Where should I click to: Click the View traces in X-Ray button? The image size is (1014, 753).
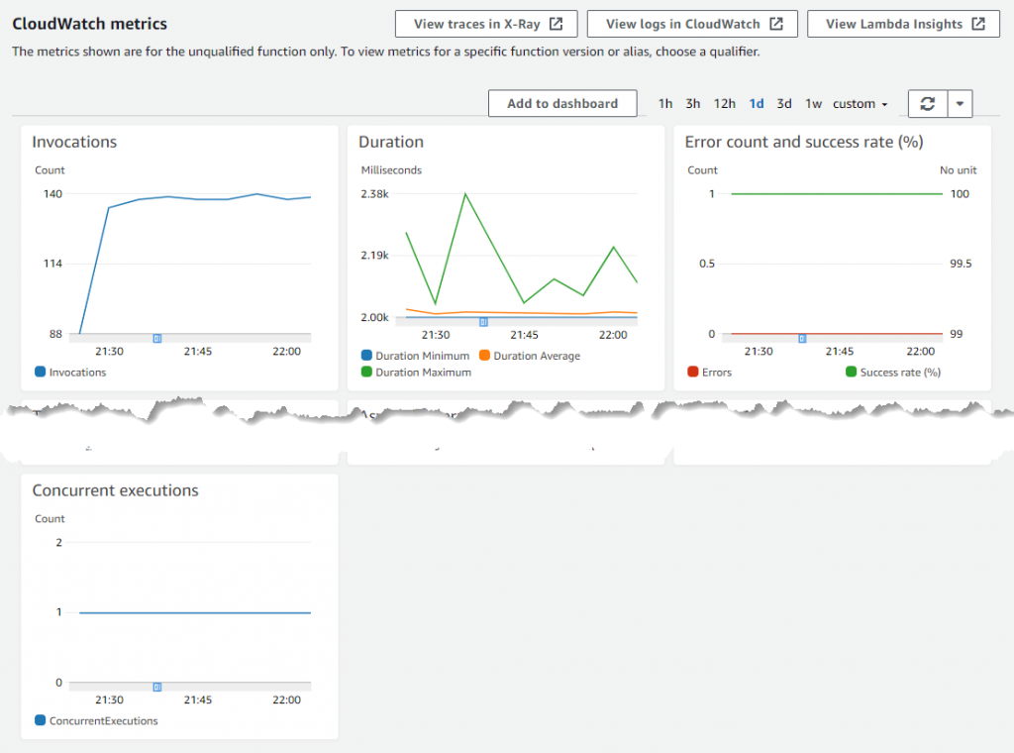pyautogui.click(x=485, y=24)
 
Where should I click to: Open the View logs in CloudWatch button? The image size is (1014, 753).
pyautogui.click(x=692, y=24)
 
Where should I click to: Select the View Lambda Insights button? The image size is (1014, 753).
pyautogui.click(x=902, y=24)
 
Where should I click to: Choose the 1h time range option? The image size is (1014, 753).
pyautogui.click(x=665, y=103)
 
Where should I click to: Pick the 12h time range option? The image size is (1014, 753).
pyautogui.click(x=724, y=103)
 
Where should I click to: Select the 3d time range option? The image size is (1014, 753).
pyautogui.click(x=784, y=103)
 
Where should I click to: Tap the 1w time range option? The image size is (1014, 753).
pyautogui.click(x=813, y=103)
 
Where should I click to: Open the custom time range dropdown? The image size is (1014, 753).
pyautogui.click(x=860, y=103)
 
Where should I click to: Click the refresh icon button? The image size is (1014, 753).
pyautogui.click(x=928, y=103)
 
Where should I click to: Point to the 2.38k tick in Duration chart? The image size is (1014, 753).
pyautogui.click(x=374, y=194)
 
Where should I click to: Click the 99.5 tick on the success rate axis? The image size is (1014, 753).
pyautogui.click(x=961, y=264)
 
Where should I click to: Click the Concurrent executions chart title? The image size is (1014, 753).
pyautogui.click(x=115, y=490)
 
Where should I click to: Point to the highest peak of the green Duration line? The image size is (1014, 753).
pyautogui.click(x=464, y=194)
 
